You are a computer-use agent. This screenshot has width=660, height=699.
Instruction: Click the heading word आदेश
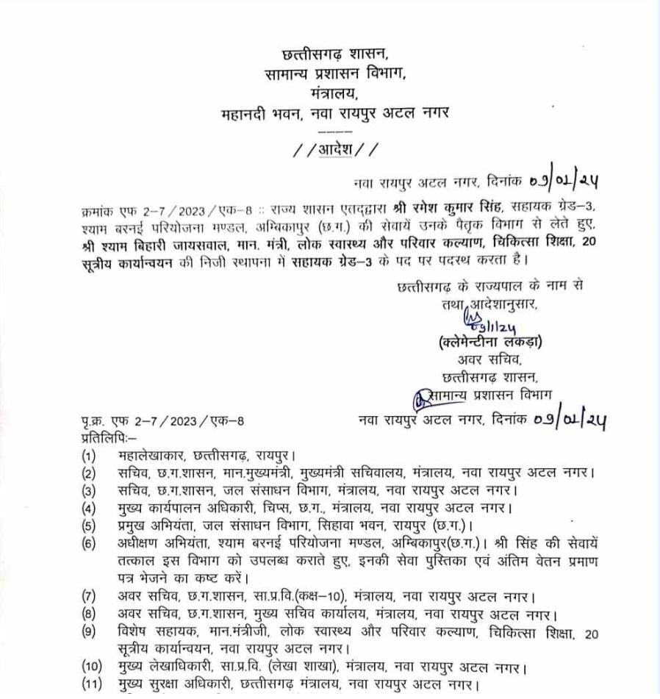[336, 150]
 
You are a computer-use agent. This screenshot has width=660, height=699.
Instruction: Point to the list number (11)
[92, 687]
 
